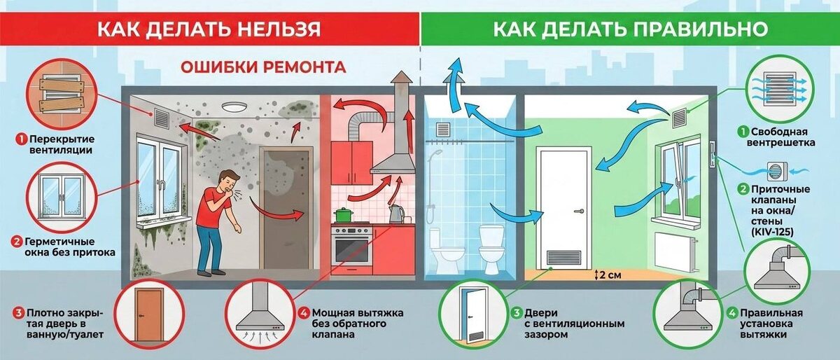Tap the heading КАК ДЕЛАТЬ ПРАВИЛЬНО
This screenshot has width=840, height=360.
point(630,29)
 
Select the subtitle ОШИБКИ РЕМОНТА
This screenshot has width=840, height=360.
point(263,68)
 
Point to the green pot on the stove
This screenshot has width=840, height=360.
point(342,214)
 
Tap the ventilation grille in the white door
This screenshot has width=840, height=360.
point(564,258)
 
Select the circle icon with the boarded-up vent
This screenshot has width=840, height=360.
point(55,93)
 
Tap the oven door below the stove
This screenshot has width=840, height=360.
point(351,251)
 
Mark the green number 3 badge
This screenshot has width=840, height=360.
point(517,313)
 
